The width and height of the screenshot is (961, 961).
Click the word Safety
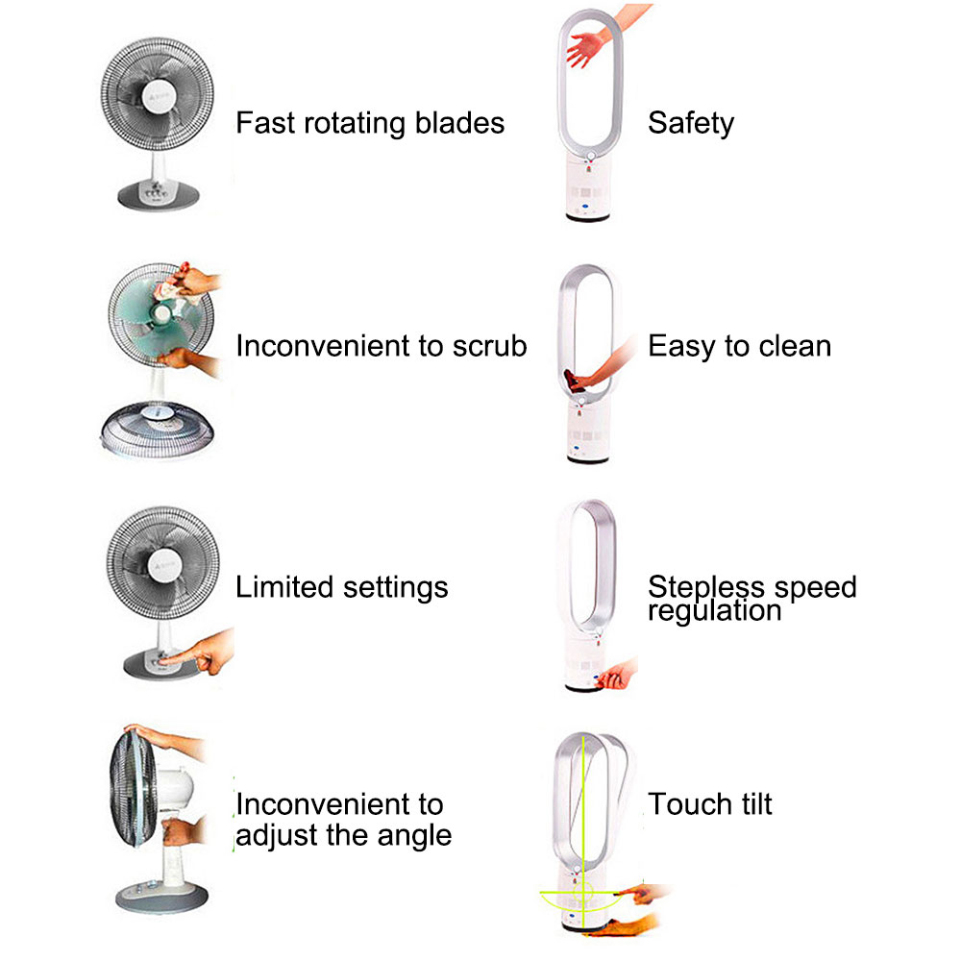(691, 123)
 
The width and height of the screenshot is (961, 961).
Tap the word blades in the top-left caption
(459, 123)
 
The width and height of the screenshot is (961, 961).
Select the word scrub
(490, 346)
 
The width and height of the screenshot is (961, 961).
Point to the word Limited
(285, 586)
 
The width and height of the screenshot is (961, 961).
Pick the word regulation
(715, 611)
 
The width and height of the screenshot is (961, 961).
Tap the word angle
(414, 836)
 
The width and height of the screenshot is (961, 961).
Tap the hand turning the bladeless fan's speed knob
(617, 675)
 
